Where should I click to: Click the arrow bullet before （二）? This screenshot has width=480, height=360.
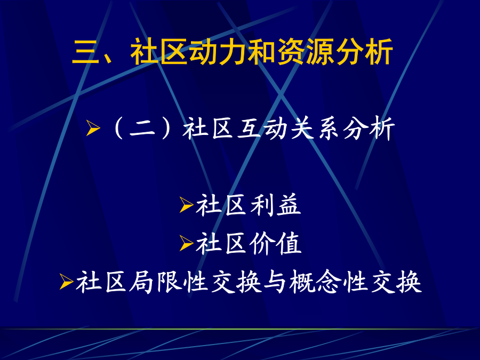click(93, 127)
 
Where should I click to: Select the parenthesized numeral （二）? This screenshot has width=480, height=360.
click(142, 128)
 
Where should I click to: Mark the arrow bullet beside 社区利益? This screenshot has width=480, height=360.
click(186, 204)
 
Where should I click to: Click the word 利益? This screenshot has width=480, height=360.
click(275, 205)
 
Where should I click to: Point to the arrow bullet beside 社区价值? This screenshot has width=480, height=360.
click(186, 243)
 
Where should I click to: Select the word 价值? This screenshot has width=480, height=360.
click(275, 243)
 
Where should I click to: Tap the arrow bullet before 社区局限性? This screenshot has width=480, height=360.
click(66, 282)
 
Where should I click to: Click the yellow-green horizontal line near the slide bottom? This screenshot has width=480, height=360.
click(240, 329)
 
